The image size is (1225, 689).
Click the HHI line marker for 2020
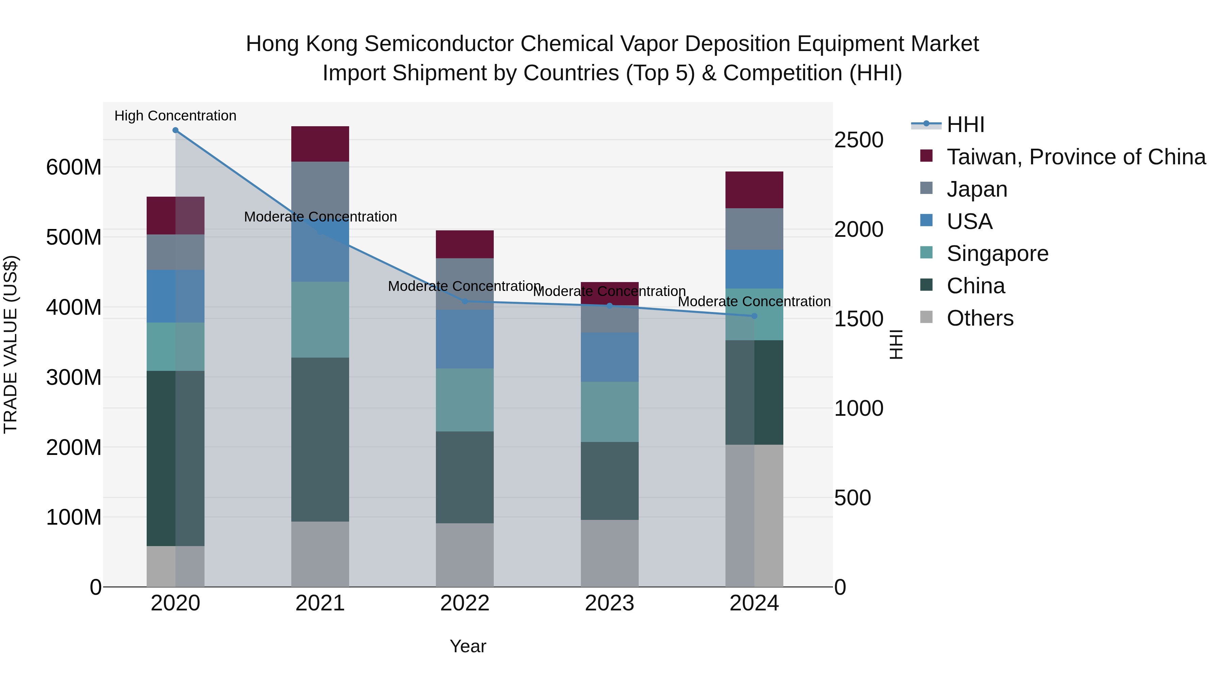(176, 130)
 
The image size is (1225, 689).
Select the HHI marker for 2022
(465, 301)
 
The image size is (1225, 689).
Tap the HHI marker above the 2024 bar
(754, 316)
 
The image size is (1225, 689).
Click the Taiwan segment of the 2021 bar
(320, 144)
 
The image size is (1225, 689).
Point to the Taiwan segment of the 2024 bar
(754, 190)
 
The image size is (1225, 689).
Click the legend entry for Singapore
(997, 253)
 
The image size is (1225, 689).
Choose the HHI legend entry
(965, 125)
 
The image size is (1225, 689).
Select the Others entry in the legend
(980, 318)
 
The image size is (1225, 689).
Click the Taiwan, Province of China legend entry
(1076, 157)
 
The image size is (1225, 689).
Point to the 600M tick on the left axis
(74, 167)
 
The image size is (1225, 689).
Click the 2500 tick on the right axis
(859, 140)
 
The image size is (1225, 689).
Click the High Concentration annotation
(176, 116)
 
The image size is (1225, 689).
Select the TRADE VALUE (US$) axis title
(11, 344)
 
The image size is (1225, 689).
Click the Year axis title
(468, 646)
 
